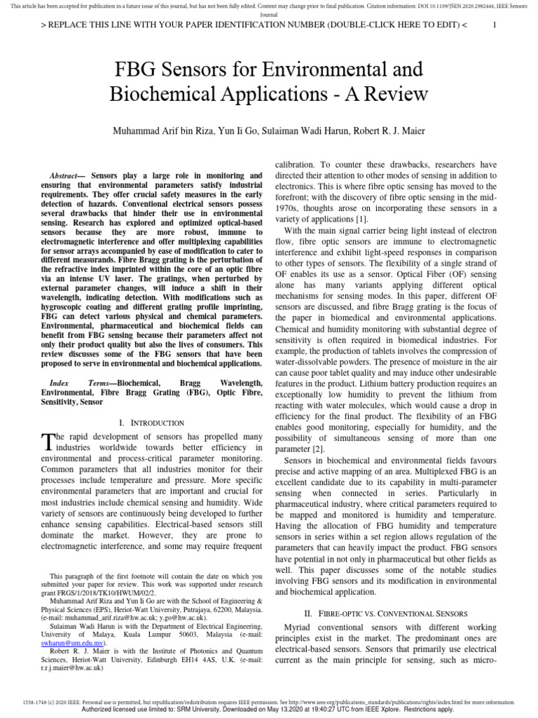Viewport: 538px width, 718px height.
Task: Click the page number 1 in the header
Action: click(495, 25)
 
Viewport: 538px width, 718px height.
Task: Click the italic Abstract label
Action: click(67, 175)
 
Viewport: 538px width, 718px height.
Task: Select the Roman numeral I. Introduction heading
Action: click(152, 423)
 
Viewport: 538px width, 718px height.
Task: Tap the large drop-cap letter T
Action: click(47, 441)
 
